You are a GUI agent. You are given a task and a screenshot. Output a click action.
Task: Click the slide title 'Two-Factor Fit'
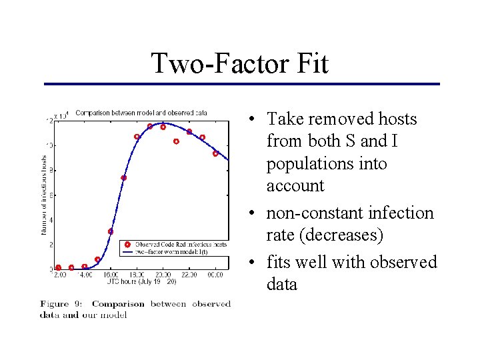click(239, 64)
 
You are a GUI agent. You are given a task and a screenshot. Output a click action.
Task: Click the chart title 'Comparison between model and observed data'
click(141, 113)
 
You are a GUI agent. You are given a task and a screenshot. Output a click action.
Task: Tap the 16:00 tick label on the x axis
click(111, 275)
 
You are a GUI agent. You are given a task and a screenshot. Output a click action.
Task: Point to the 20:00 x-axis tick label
click(163, 275)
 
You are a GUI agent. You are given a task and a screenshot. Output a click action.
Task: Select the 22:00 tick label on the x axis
click(189, 275)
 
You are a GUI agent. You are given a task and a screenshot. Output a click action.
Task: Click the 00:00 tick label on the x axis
click(215, 275)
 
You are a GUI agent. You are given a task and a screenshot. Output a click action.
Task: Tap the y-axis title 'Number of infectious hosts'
click(45, 191)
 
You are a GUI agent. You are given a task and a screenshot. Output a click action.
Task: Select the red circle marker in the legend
click(127, 245)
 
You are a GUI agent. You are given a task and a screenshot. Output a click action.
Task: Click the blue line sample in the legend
click(127, 252)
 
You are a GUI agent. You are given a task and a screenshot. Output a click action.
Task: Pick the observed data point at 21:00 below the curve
click(176, 141)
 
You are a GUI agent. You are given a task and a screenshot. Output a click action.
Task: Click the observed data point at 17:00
click(123, 178)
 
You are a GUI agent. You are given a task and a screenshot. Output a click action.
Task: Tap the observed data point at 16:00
click(111, 231)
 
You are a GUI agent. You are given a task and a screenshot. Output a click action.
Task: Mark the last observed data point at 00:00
click(215, 153)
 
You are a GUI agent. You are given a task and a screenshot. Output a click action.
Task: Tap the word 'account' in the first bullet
click(295, 186)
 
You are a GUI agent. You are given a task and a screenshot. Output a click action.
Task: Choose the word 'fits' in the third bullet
click(280, 262)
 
